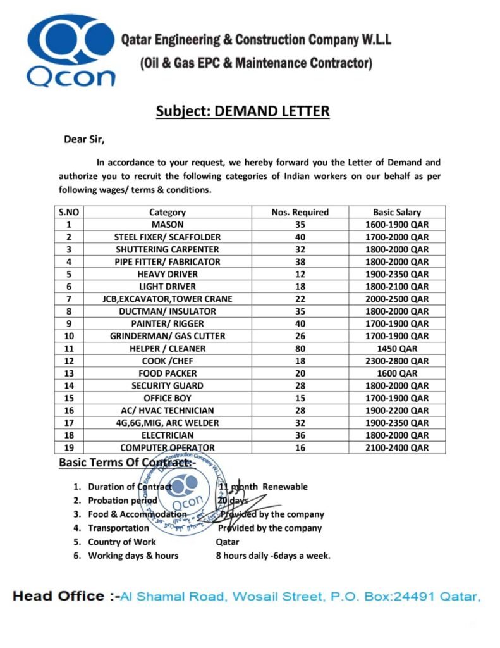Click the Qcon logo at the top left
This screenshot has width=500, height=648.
point(70,51)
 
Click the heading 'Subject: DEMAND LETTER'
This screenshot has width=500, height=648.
point(243,111)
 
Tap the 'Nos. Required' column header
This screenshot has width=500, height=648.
point(300,213)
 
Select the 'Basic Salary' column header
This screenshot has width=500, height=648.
point(396,213)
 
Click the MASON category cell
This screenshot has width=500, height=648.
point(168,225)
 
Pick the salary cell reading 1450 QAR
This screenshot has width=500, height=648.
point(396,349)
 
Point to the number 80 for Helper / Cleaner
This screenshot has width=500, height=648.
point(300,349)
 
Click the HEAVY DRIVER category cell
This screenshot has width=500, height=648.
point(168,274)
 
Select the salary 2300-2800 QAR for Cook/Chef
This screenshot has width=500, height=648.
point(396,361)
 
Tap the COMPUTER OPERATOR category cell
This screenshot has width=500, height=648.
point(168,447)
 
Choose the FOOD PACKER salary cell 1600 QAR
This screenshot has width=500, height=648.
point(396,373)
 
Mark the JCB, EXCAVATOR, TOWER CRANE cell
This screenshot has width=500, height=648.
point(168,299)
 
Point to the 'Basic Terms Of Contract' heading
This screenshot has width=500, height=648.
point(127,463)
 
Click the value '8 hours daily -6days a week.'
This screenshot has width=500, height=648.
point(273,556)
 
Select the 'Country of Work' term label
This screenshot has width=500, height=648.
point(122,542)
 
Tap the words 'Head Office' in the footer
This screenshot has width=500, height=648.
point(58,596)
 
